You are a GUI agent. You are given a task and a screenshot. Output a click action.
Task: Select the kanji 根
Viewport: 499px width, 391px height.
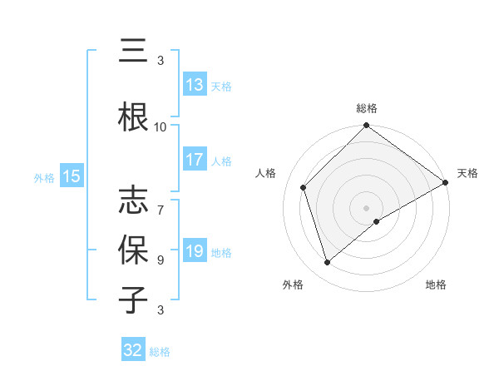point(134,116)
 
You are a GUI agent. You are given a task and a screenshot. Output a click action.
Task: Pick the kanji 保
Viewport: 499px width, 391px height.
point(134,249)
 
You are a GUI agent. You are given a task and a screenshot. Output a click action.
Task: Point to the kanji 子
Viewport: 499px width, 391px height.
point(134,299)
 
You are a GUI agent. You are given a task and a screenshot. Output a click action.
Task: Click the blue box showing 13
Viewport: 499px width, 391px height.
point(195,85)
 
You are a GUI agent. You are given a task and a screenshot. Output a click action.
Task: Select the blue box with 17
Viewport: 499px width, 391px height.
point(195,160)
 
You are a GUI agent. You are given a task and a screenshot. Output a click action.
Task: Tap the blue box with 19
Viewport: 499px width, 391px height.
point(195,251)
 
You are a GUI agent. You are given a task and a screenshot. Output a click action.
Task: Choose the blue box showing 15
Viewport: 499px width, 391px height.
point(71,176)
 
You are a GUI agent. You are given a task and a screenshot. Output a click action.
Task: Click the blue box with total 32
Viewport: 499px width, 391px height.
point(133,350)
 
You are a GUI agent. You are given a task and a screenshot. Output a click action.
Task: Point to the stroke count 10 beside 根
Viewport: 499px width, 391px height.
point(161,126)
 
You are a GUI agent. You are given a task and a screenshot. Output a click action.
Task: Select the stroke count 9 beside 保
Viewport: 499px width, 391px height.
point(161,260)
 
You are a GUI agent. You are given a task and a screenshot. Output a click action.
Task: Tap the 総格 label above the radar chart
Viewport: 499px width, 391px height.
point(366,108)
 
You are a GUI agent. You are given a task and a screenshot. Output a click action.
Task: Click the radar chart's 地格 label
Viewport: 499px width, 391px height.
point(436,285)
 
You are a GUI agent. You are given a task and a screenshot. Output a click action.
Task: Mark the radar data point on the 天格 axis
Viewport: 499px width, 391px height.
point(445,182)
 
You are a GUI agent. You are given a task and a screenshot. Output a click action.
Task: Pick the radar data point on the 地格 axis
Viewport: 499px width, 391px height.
point(377,221)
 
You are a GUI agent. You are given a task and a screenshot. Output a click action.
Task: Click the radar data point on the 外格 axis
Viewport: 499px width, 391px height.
point(327,263)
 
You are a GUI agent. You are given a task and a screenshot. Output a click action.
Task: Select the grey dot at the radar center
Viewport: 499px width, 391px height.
point(366,207)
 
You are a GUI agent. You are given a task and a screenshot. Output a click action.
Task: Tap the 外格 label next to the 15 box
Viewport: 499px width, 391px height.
point(44,177)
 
